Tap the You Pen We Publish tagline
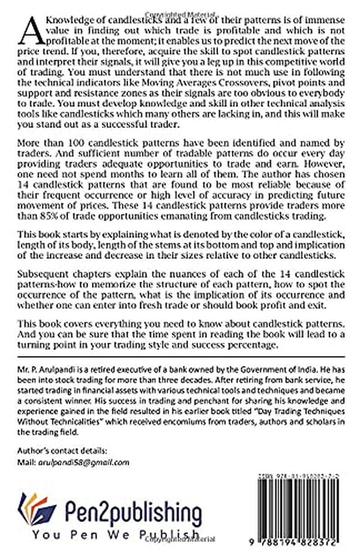[116, 534]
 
